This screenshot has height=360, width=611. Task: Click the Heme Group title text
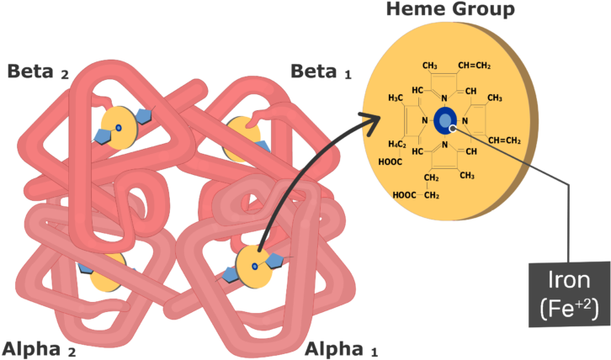tap(450, 10)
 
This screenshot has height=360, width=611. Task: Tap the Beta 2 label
tap(38, 71)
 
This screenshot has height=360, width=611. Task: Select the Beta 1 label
tap(321, 71)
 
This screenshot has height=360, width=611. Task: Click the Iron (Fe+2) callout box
tap(569, 294)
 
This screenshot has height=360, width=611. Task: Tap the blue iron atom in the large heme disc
tap(446, 121)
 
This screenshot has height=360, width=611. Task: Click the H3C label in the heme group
tap(396, 99)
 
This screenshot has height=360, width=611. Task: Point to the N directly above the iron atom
tap(444, 99)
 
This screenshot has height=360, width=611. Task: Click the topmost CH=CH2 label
tap(474, 66)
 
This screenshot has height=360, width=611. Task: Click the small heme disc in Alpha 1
tap(252, 266)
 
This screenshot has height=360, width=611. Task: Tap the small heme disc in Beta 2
tap(118, 128)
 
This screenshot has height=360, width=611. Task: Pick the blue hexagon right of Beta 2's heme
tap(142, 116)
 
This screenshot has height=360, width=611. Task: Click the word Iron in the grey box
tap(569, 281)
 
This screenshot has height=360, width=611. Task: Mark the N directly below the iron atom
tap(444, 144)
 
